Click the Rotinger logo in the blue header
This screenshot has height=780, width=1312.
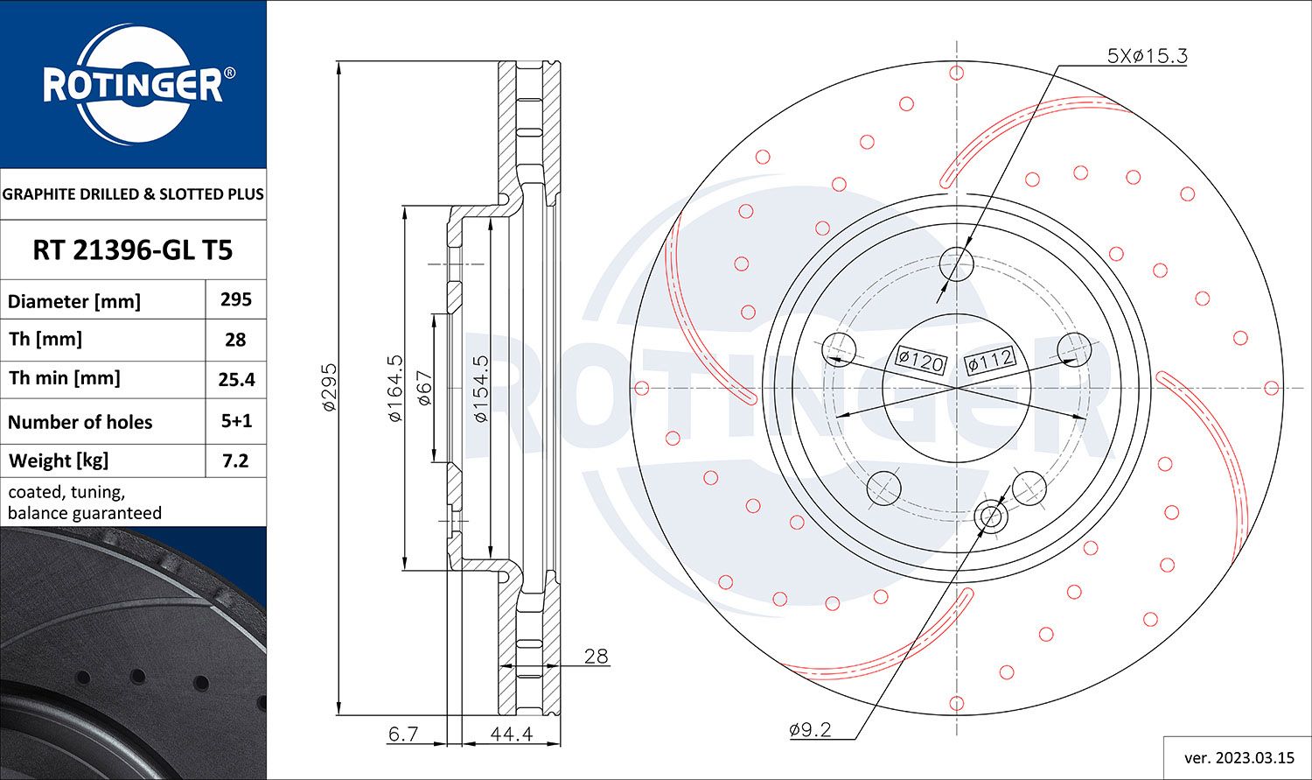(133, 85)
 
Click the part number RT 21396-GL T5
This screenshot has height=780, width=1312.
(133, 250)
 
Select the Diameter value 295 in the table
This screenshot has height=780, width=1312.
(235, 299)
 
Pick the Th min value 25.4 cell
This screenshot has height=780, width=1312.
(235, 379)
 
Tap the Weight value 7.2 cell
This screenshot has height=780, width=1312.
(235, 460)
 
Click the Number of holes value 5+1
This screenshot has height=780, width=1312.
(235, 421)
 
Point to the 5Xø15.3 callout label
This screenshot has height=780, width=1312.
(1147, 56)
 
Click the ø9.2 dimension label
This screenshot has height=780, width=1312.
(809, 729)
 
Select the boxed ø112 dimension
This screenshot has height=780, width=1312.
(990, 359)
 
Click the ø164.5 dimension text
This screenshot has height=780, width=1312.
(395, 388)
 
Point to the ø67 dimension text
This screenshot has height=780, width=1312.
(424, 388)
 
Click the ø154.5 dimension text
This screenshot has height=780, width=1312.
(480, 388)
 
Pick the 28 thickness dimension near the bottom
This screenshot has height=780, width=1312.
(596, 657)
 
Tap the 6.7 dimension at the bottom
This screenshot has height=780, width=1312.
(403, 734)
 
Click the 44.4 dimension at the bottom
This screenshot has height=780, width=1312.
(512, 734)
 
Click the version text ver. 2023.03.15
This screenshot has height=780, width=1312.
(1237, 757)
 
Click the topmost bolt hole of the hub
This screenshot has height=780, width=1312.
(956, 263)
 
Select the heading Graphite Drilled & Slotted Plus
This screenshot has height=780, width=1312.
(133, 194)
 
